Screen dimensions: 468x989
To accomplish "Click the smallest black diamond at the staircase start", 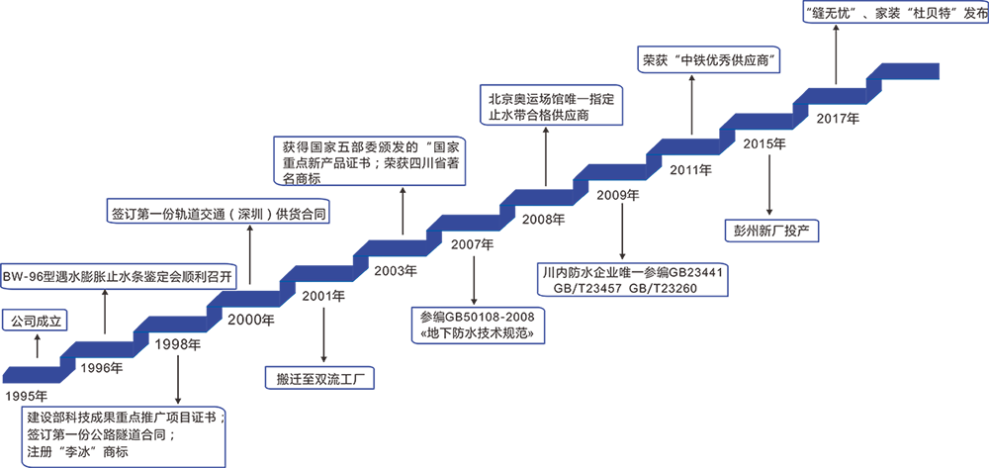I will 37,347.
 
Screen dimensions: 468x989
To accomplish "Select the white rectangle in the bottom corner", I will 857,415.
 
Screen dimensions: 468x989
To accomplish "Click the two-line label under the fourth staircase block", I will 633,281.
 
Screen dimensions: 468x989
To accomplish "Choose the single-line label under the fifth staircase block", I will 770,232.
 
